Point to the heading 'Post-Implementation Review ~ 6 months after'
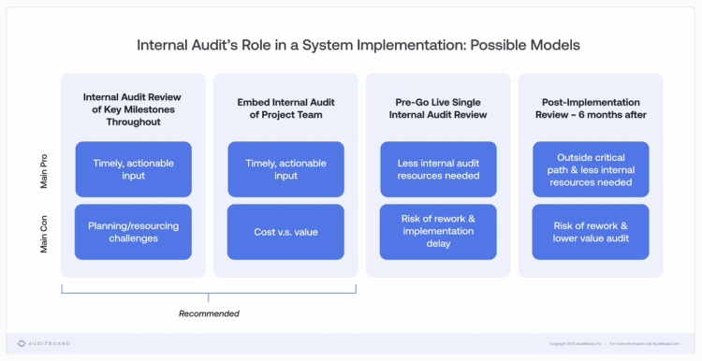(x=591, y=108)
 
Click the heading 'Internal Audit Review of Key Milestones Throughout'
(x=134, y=108)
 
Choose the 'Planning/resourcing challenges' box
(x=134, y=232)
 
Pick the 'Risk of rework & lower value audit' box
(x=591, y=232)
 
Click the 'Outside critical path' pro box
(x=591, y=169)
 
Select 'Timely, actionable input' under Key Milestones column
(x=134, y=169)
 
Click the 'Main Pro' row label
(x=44, y=171)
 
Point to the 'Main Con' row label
(x=44, y=234)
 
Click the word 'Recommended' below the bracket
(x=209, y=313)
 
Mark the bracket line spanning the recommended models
(x=209, y=293)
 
